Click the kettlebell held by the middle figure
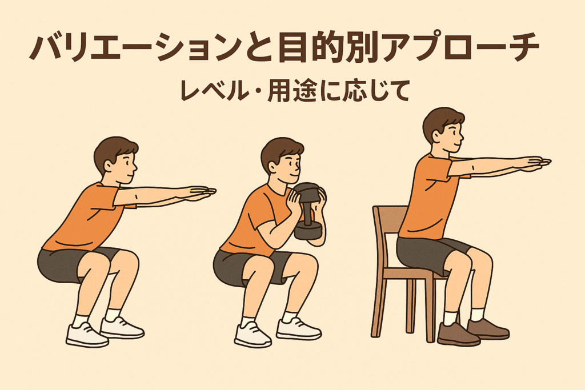coord(309,211)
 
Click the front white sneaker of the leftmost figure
coord(87,335)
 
